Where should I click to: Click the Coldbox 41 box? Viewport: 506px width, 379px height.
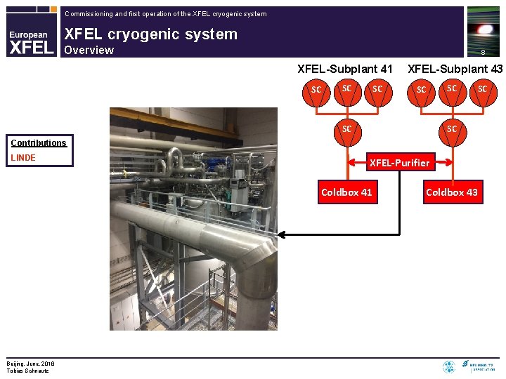(x=346, y=192)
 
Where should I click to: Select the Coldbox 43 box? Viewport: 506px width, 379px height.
(x=451, y=192)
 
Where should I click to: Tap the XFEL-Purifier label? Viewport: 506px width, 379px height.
(x=399, y=163)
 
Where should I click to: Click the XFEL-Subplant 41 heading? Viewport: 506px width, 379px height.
(x=345, y=69)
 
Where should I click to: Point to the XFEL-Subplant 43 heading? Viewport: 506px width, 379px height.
(x=455, y=69)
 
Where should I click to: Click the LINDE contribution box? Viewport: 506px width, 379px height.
(x=40, y=158)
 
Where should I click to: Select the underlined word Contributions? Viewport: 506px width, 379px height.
(x=38, y=142)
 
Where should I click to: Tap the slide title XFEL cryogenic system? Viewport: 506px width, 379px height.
(x=150, y=34)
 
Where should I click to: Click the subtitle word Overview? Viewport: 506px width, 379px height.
(x=89, y=50)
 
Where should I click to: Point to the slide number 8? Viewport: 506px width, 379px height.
(x=483, y=52)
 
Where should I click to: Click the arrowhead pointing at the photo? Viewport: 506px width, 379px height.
(x=282, y=234)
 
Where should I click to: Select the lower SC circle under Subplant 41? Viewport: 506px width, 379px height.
(x=346, y=129)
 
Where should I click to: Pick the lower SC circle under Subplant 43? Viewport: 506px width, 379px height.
(x=451, y=129)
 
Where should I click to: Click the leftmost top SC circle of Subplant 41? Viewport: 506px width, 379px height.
(x=316, y=90)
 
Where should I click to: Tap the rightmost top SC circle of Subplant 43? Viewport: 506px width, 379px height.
(x=481, y=89)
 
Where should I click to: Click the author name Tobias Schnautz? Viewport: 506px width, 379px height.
(x=28, y=371)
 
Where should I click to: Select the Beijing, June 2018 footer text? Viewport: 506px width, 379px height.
(x=31, y=364)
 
